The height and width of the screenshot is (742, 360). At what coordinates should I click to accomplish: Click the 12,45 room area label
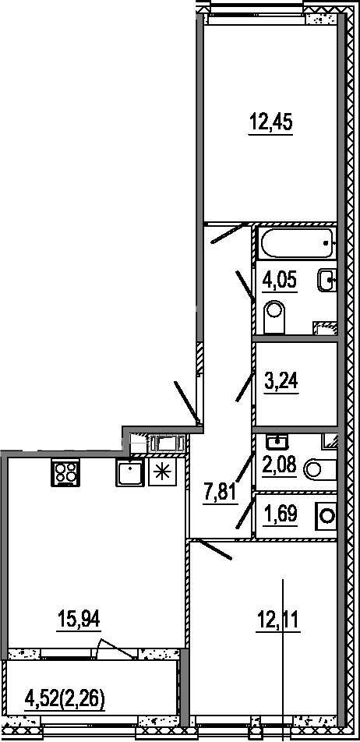pyautogui.click(x=270, y=123)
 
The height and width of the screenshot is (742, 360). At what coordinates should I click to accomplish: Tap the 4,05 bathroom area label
pyautogui.click(x=279, y=281)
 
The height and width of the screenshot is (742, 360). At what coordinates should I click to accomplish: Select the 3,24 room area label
pyautogui.click(x=281, y=381)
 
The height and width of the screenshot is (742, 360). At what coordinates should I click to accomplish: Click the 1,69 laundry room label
pyautogui.click(x=280, y=514)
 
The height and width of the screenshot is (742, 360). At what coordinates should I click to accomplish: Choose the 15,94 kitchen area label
pyautogui.click(x=79, y=619)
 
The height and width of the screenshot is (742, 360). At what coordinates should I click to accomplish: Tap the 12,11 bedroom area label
pyautogui.click(x=278, y=619)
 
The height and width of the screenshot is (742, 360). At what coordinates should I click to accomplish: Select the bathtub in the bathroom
pyautogui.click(x=297, y=242)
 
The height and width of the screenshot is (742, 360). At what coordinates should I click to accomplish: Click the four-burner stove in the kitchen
pyautogui.click(x=65, y=472)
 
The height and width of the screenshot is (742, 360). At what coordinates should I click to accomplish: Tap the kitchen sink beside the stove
pyautogui.click(x=129, y=472)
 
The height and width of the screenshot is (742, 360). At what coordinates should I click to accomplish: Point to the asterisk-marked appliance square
pyautogui.click(x=162, y=472)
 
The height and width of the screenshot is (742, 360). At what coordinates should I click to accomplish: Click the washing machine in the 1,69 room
pyautogui.click(x=326, y=516)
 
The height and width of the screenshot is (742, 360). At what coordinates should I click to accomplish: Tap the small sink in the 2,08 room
pyautogui.click(x=277, y=442)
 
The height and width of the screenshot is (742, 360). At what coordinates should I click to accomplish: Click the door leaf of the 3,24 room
pyautogui.click(x=245, y=386)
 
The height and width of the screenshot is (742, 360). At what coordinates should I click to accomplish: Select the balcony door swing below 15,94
pyautogui.click(x=114, y=648)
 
